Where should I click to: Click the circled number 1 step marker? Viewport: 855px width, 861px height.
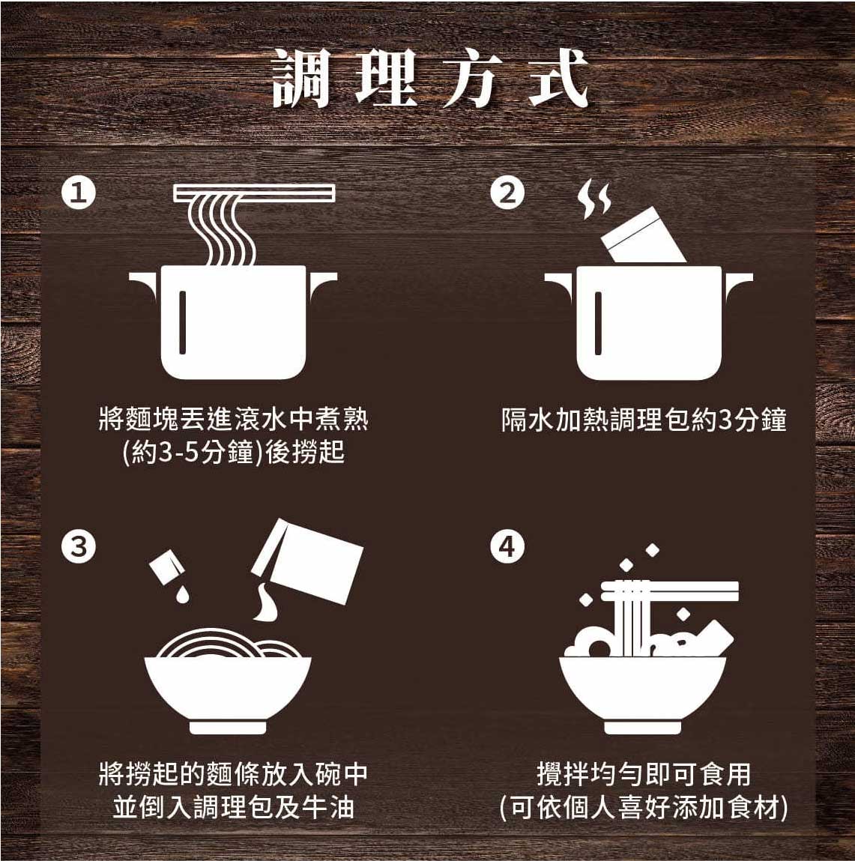pos(79,193)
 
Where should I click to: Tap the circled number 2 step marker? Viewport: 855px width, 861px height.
pos(507,193)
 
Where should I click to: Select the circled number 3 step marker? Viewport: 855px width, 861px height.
pos(79,546)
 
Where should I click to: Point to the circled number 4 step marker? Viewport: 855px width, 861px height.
pos(507,546)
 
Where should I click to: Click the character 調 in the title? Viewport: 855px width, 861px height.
pos(301,78)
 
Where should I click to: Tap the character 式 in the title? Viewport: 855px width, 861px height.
pos(558,78)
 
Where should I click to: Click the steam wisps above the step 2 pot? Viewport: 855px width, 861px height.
pos(593,199)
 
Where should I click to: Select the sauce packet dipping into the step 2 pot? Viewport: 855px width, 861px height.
pos(643,235)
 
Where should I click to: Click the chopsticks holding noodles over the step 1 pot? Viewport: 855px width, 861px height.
pos(254,193)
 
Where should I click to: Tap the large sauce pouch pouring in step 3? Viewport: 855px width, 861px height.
pos(307,561)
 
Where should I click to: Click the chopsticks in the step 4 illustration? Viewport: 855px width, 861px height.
pos(670,590)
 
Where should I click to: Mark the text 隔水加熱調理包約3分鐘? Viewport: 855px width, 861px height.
pos(644,420)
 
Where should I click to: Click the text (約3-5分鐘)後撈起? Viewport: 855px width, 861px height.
pos(233,453)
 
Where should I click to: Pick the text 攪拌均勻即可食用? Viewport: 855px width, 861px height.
pos(644,774)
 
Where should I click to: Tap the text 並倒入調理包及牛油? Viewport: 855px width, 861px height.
pos(233,807)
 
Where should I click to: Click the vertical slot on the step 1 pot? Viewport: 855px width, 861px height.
pos(182,322)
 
